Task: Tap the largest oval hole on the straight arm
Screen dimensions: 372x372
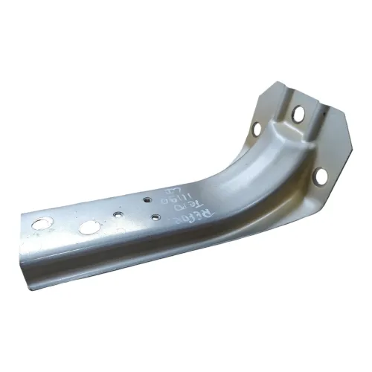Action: tap(89, 226)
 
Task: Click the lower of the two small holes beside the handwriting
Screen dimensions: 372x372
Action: tap(155, 217)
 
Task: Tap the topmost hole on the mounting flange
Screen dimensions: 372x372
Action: tap(297, 114)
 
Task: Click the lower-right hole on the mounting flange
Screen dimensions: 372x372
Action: tap(321, 176)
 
